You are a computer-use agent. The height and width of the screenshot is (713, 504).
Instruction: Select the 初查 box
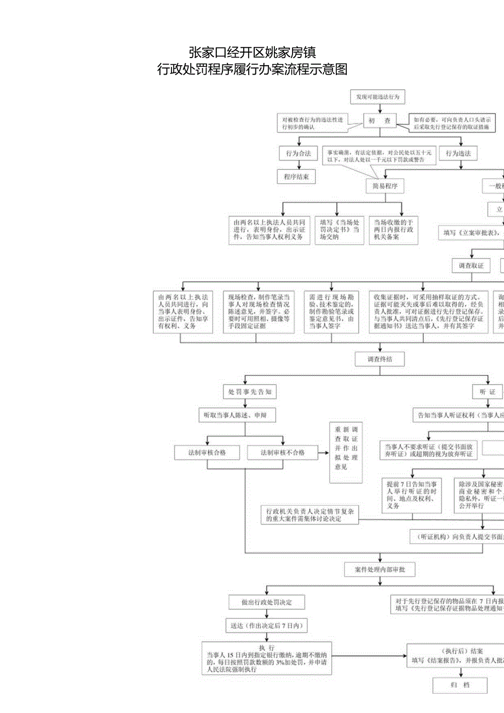(x=380, y=121)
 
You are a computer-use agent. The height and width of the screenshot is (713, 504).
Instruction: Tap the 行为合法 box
(x=297, y=153)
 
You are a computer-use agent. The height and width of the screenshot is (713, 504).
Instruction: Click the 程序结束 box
(x=296, y=176)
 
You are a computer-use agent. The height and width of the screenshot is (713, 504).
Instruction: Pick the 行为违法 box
(x=458, y=153)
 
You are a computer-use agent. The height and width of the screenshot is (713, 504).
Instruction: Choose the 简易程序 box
(x=385, y=186)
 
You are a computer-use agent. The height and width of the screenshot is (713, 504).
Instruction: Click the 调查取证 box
(x=471, y=265)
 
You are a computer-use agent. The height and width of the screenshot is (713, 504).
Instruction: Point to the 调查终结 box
(x=380, y=360)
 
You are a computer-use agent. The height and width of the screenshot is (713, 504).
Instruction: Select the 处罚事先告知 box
(x=250, y=392)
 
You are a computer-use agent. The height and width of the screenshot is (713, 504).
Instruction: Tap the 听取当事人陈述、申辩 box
(x=236, y=415)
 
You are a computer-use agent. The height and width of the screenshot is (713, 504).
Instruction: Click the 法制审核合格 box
(x=207, y=453)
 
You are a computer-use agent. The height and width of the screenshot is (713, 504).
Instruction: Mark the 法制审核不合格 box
(x=283, y=453)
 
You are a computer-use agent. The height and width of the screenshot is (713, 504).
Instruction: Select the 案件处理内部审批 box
(x=379, y=570)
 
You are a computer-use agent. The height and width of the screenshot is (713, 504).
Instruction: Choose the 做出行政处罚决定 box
(x=267, y=602)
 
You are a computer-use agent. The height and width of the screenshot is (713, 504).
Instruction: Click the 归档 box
(x=460, y=685)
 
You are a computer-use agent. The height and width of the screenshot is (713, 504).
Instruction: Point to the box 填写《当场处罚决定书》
(x=339, y=229)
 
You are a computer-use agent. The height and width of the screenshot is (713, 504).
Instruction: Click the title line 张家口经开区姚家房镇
(x=252, y=52)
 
